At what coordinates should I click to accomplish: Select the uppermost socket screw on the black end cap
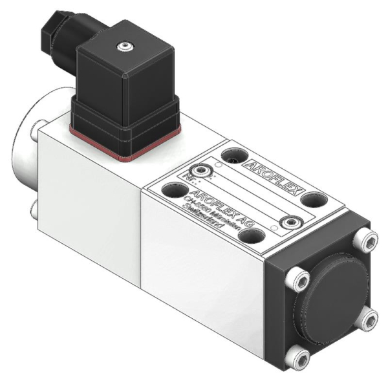point(369,241)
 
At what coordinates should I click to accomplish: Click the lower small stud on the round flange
point(33,206)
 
